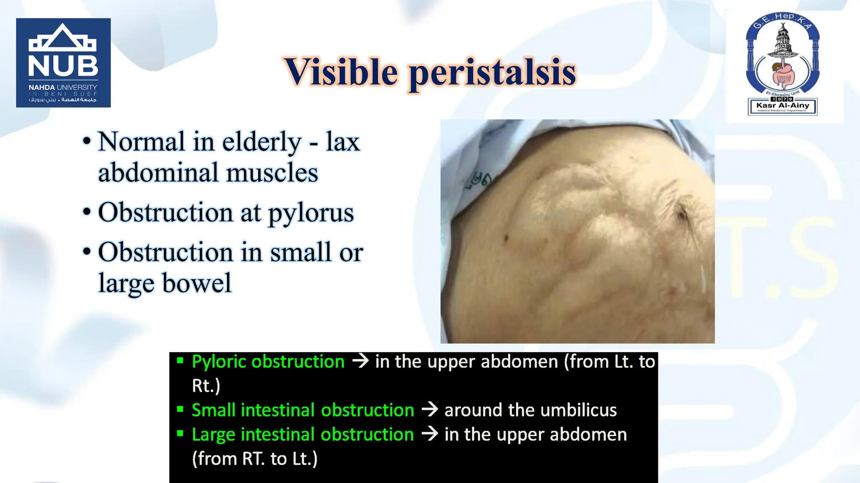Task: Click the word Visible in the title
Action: coord(341,72)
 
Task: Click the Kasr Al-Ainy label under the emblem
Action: coord(782,106)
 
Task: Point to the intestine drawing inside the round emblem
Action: coord(782,75)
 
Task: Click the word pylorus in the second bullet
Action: coord(311,213)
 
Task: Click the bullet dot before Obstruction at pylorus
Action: coord(87,212)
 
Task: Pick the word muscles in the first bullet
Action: coord(272,173)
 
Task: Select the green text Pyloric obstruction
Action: coord(268,362)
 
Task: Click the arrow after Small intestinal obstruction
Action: coord(430,409)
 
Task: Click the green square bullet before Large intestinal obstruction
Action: coord(180,434)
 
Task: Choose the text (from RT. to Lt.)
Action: coord(254,459)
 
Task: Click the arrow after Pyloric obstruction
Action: coord(360,361)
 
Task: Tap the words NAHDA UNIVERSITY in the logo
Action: coord(63,87)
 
